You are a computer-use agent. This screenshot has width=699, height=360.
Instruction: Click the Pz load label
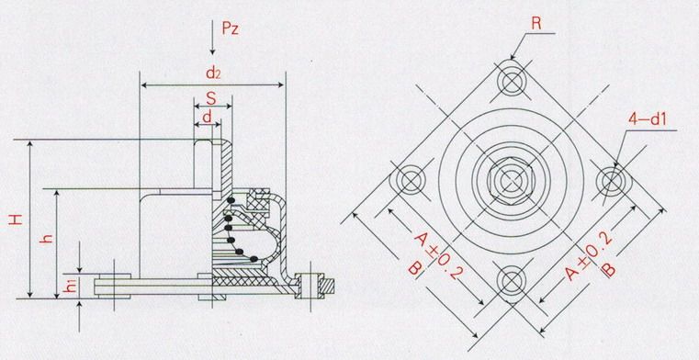pos(231,28)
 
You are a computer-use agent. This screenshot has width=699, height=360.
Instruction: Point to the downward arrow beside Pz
pos(213,38)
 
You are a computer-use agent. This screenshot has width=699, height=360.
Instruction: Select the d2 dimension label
pos(213,73)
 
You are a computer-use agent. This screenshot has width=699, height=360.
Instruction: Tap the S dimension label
pos(211,98)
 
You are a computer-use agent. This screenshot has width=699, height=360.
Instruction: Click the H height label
pos(16,219)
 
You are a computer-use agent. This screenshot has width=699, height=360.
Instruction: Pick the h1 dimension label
pos(71,287)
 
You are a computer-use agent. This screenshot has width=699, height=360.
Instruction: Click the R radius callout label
pos(536,24)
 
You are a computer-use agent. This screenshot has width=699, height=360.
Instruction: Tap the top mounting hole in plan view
pos(512,81)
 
